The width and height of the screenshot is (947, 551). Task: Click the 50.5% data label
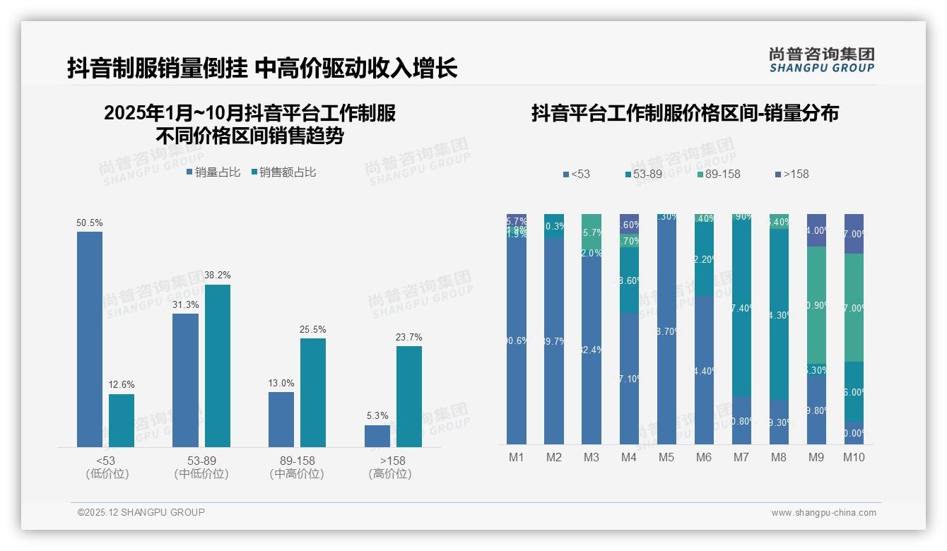tap(90, 223)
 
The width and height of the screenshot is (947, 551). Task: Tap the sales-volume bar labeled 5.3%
tap(377, 436)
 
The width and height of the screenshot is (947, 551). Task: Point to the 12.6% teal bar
tap(122, 420)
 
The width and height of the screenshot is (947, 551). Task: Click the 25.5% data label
tap(313, 330)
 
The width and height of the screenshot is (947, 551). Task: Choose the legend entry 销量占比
tap(213, 172)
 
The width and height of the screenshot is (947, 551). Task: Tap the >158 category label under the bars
tap(389, 461)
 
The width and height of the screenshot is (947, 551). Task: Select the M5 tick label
tap(666, 457)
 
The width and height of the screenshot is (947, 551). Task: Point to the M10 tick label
tap(854, 457)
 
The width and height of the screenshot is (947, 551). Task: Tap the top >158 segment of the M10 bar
tap(854, 233)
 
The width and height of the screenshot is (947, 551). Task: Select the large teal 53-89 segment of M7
tap(741, 307)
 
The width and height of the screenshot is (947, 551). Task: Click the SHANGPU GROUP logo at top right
tap(822, 59)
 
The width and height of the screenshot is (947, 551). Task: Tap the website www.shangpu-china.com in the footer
tap(823, 513)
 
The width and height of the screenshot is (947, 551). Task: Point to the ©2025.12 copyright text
tap(141, 513)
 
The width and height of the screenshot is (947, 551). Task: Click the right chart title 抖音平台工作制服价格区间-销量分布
tap(685, 114)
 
